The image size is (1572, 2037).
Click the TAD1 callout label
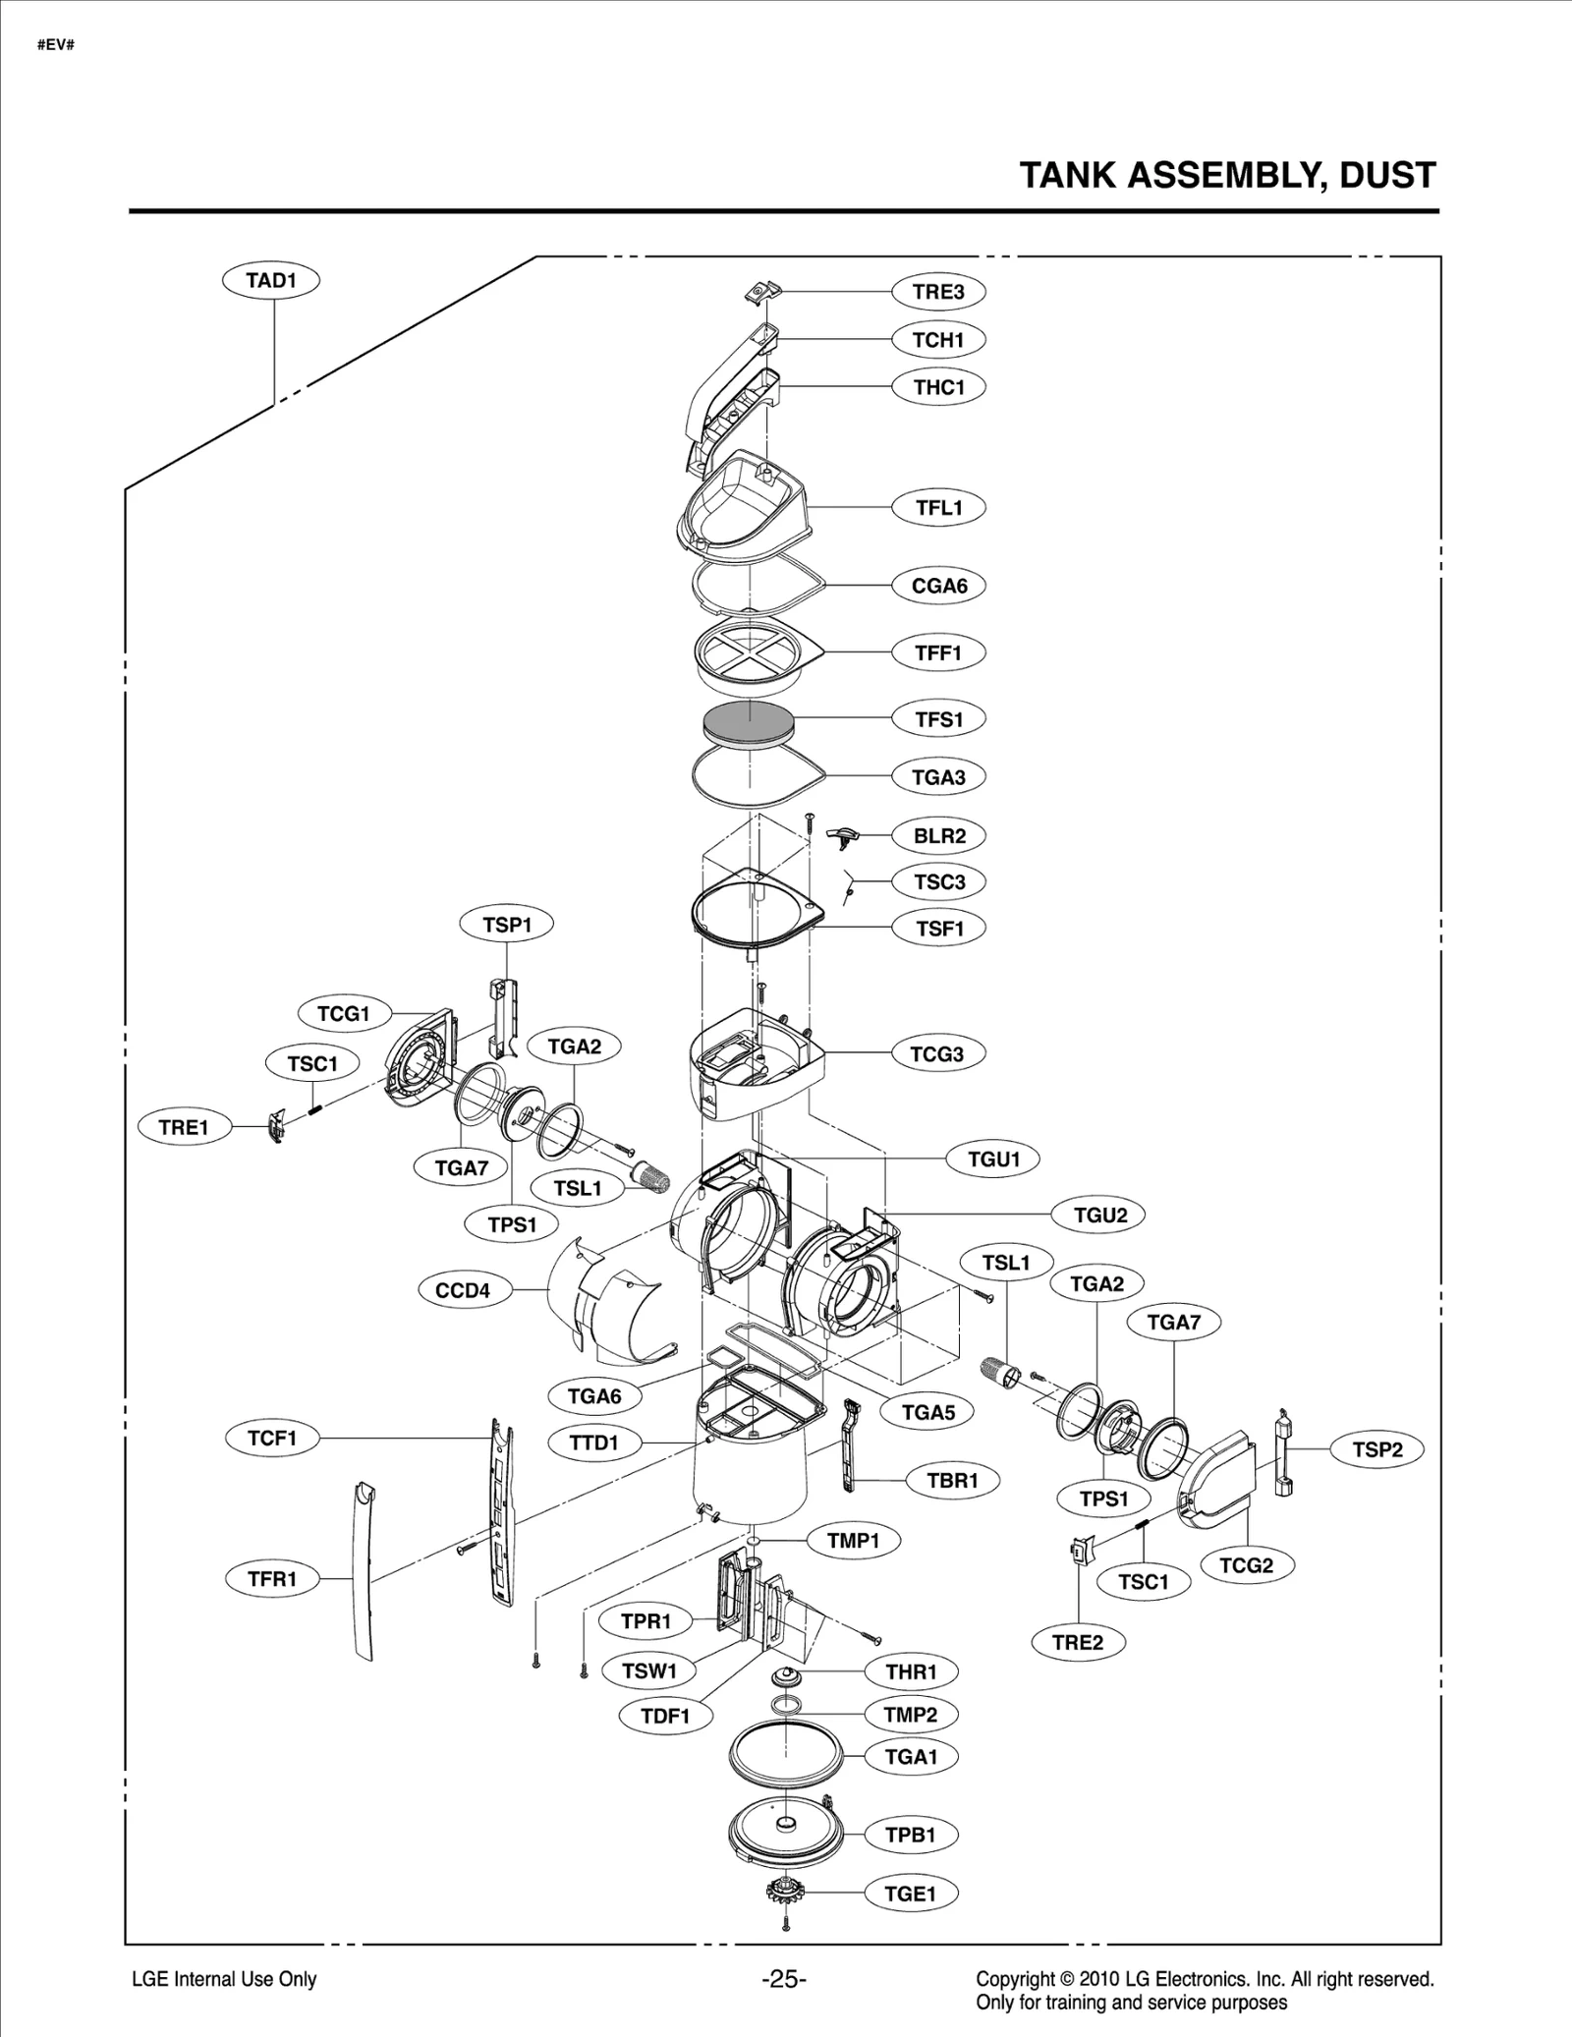tap(271, 280)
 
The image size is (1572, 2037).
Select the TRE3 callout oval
tap(938, 292)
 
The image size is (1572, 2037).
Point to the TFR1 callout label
tap(272, 1579)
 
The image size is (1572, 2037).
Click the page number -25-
tap(783, 1979)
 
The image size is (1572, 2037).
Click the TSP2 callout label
tap(1376, 1449)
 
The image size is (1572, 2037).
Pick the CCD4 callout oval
tap(463, 1290)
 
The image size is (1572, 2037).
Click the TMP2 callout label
tap(911, 1715)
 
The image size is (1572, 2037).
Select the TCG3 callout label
tap(937, 1054)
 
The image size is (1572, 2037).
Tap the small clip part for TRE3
tap(761, 291)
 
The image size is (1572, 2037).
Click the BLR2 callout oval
tap(939, 836)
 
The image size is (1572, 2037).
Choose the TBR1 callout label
tap(953, 1480)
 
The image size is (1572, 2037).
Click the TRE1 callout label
tap(184, 1127)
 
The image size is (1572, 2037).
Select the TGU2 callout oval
tap(1099, 1216)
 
